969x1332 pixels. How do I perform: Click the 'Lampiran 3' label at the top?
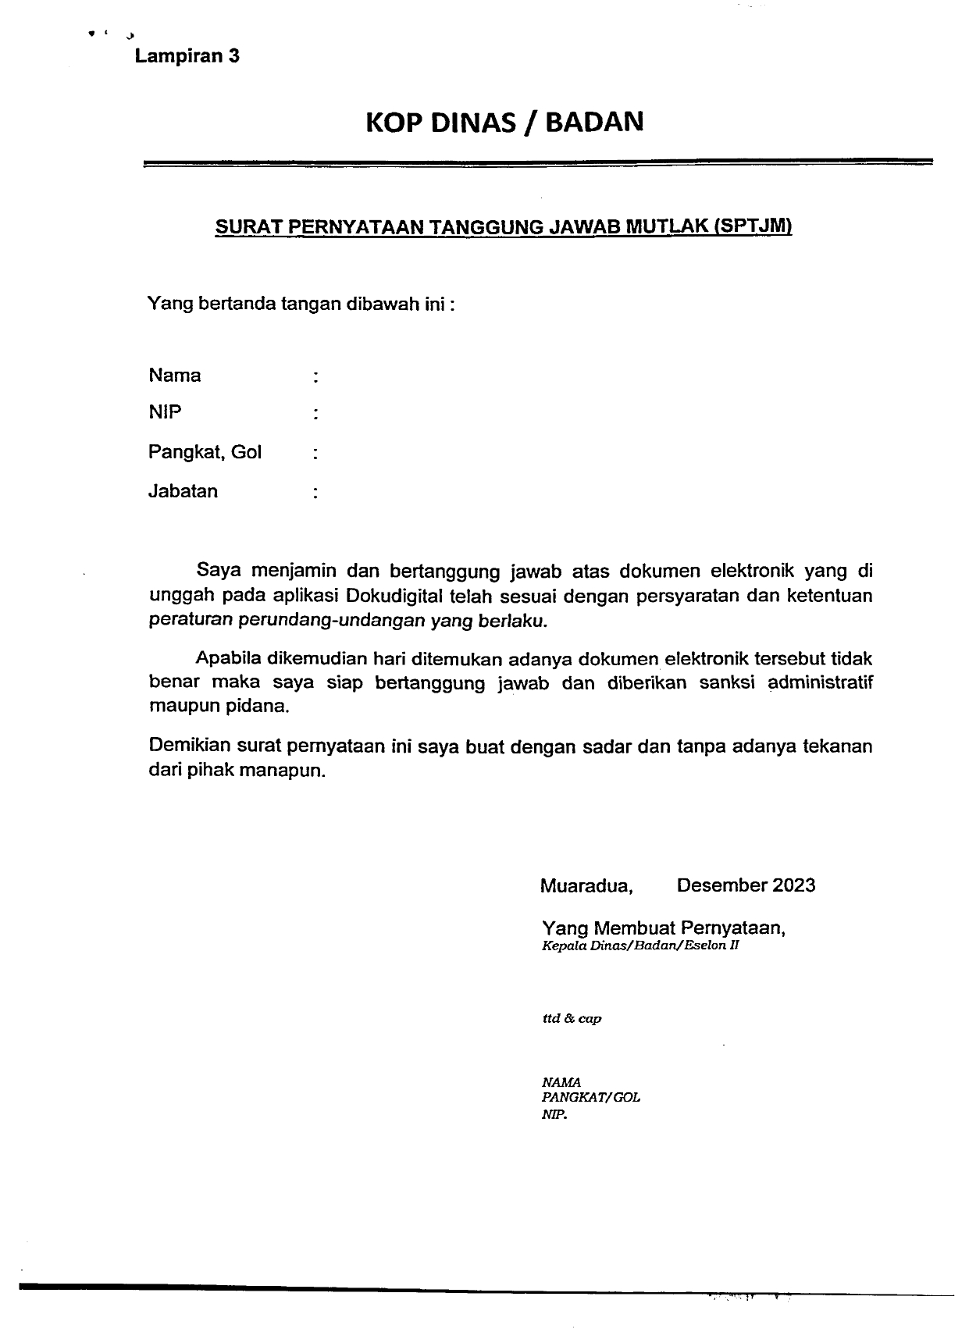[x=187, y=56]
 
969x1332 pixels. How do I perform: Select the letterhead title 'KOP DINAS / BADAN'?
[x=504, y=123]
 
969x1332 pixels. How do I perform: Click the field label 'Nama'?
[x=174, y=376]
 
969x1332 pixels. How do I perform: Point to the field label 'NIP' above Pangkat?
[x=165, y=412]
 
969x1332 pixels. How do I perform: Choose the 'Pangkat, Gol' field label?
[x=205, y=452]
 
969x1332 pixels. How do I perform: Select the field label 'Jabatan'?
[x=183, y=491]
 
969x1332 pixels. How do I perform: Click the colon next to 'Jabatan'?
[x=315, y=493]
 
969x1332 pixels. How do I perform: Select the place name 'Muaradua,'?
[x=586, y=886]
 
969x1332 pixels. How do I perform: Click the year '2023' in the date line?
[x=794, y=885]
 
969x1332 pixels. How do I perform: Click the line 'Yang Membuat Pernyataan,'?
[x=664, y=928]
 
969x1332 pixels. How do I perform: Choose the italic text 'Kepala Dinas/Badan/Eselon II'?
[x=640, y=946]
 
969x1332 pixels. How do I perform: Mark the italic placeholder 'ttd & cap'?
[x=572, y=1019]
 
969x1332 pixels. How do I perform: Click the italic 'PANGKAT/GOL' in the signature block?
[x=591, y=1098]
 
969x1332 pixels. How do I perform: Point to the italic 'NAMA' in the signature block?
[x=561, y=1083]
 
